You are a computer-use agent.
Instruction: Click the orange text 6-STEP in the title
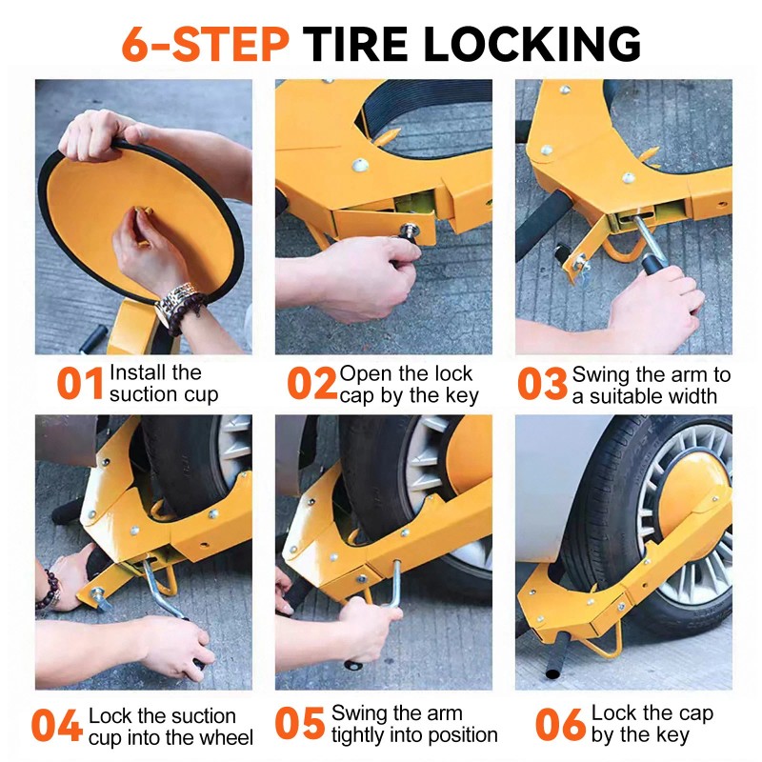pos(206,44)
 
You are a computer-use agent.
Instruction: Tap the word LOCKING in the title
pos(532,44)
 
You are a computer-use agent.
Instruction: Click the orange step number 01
pos(80,384)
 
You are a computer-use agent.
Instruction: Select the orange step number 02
pos(311,384)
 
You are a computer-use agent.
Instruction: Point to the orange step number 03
pos(542,384)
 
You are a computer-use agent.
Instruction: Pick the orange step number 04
pos(56,725)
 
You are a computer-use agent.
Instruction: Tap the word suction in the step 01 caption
pos(141,394)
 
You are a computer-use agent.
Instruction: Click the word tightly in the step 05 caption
pos(357,735)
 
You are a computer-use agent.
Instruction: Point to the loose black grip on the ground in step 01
pos(93,337)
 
